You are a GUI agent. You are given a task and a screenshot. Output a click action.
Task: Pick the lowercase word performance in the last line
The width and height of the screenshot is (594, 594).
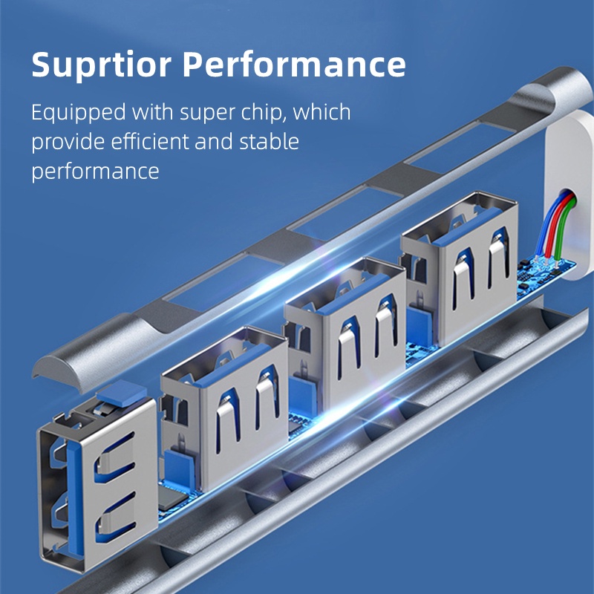(95, 171)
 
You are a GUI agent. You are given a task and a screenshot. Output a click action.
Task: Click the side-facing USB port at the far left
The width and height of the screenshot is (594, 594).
(97, 486)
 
